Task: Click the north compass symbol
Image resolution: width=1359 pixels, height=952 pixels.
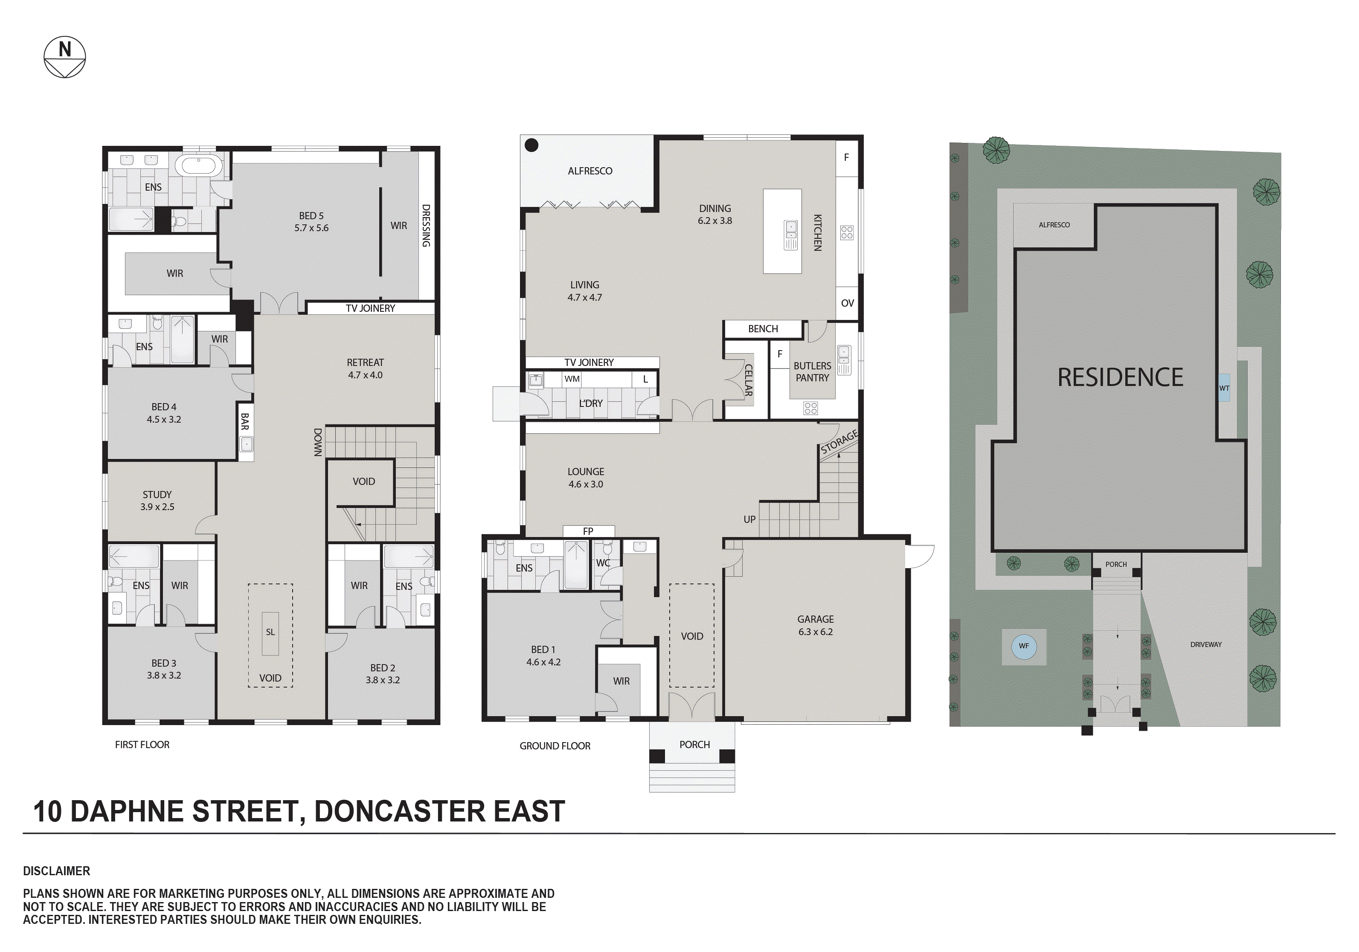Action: tap(64, 58)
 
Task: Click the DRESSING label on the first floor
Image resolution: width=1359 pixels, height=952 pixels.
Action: tap(426, 226)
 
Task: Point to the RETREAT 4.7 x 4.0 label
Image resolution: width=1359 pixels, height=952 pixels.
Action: tap(365, 368)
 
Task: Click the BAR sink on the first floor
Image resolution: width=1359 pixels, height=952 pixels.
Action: tap(246, 444)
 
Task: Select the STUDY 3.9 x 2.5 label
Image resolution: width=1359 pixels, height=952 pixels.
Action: tap(157, 500)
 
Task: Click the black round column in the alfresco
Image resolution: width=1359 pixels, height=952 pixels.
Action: tap(531, 145)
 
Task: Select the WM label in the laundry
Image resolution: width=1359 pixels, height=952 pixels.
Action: tap(572, 379)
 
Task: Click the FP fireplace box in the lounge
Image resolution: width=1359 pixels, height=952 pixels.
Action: tap(588, 531)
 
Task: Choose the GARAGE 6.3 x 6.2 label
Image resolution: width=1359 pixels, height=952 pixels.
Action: tap(815, 625)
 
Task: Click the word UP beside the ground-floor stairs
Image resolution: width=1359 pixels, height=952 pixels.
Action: tap(749, 519)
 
